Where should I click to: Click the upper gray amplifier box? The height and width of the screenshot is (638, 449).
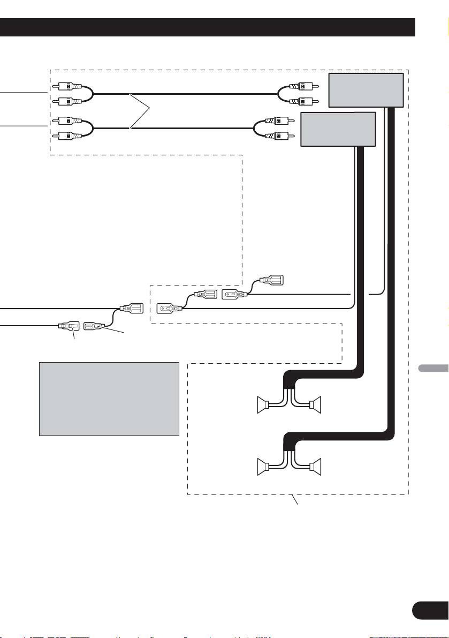[366, 89]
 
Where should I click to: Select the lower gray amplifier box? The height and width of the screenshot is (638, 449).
[338, 129]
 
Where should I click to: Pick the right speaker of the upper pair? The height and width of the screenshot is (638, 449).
[315, 403]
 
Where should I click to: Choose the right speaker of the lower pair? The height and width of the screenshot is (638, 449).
[315, 465]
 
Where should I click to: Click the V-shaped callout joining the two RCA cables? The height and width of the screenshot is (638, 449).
[140, 110]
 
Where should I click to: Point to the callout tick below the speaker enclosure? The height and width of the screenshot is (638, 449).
[295, 500]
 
